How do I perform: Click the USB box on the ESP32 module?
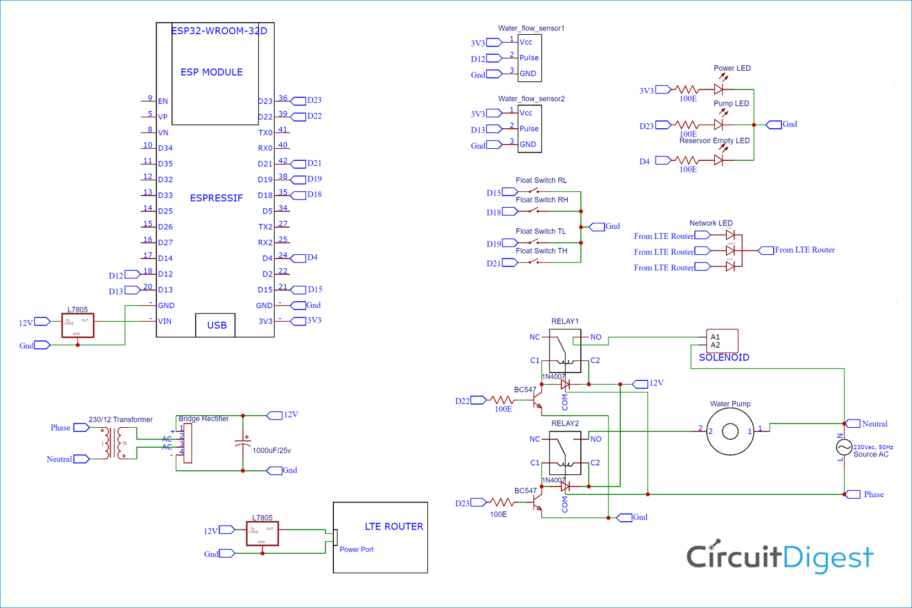pyautogui.click(x=216, y=325)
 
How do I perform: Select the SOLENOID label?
pyautogui.click(x=724, y=358)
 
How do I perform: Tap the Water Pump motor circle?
pyautogui.click(x=730, y=431)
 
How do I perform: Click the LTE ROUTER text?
pyautogui.click(x=394, y=527)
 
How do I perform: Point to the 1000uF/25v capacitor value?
pyautogui.click(x=271, y=450)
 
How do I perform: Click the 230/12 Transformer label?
pyautogui.click(x=120, y=420)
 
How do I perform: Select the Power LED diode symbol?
pyautogui.click(x=719, y=89)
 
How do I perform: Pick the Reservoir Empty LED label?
pyautogui.click(x=714, y=140)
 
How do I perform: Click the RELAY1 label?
pyautogui.click(x=564, y=321)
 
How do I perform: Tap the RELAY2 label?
pyautogui.click(x=564, y=423)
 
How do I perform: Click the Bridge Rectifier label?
pyautogui.click(x=203, y=418)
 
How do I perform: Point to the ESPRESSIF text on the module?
pyautogui.click(x=216, y=198)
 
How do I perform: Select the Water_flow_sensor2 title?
pyautogui.click(x=531, y=98)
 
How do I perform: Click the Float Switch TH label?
pyautogui.click(x=541, y=251)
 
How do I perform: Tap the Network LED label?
pyautogui.click(x=710, y=223)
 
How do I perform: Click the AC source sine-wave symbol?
pyautogui.click(x=844, y=447)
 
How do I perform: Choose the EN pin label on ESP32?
pyautogui.click(x=163, y=101)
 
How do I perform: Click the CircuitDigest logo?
pyautogui.click(x=779, y=557)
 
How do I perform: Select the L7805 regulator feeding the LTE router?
pyautogui.click(x=262, y=533)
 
